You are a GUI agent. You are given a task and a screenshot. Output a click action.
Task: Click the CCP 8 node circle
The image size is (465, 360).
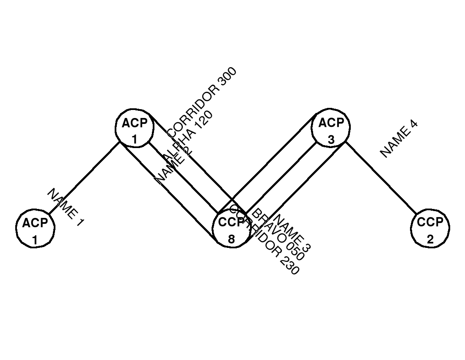click(x=231, y=229)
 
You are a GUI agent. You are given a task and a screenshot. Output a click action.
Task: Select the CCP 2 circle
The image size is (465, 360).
click(x=430, y=229)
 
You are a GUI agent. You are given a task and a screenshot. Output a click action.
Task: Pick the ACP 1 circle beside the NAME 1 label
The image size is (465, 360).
click(x=35, y=229)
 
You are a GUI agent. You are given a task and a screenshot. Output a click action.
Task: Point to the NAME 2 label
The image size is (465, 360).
click(x=171, y=166)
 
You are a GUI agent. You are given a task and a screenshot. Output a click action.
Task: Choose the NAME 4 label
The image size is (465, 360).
click(x=399, y=139)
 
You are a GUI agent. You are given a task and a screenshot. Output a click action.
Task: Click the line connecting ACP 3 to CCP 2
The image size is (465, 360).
click(x=381, y=178)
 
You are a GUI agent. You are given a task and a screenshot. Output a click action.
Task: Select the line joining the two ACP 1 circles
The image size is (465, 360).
click(x=85, y=178)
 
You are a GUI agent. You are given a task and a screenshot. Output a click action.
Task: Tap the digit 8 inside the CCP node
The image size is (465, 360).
click(x=231, y=239)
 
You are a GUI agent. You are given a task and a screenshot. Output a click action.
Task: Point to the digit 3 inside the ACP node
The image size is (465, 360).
click(x=331, y=139)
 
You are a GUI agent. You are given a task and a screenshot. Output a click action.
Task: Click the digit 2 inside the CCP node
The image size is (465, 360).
click(x=430, y=239)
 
